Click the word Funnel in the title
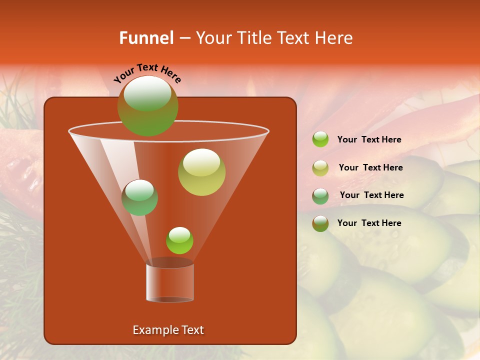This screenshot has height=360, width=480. tap(146, 38)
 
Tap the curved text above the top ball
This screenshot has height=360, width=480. tap(147, 73)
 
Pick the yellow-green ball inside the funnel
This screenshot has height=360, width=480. tap(201, 172)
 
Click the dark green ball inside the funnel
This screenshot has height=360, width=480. tap(139, 197)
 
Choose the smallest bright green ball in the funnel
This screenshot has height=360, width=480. tap(179, 240)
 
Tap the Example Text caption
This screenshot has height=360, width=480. tap(168, 330)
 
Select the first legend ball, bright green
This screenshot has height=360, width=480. tap(320, 139)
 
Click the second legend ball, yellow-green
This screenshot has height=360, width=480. tap(320, 168)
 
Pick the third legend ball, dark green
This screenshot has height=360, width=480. tap(320, 195)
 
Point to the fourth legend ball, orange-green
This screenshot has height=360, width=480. tap(320, 223)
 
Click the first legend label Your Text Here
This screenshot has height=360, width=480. tap(369, 139)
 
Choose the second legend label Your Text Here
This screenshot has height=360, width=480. tap(370, 167)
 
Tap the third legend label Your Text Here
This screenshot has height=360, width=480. tap(371, 195)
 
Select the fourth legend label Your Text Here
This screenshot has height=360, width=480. tap(369, 223)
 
